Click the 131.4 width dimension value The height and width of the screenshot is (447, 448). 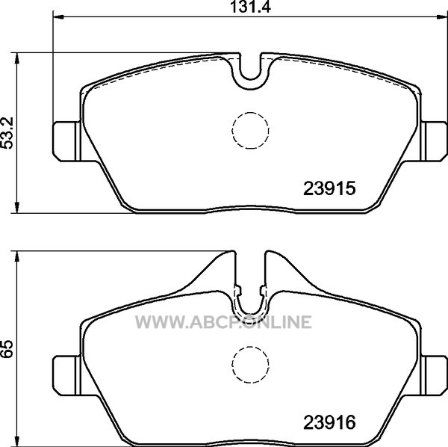point(250,7)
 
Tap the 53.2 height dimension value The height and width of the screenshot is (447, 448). point(7,133)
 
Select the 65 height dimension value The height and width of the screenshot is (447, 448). point(7,349)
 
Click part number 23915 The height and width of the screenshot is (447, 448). point(329,188)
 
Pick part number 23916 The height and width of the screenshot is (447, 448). point(329,422)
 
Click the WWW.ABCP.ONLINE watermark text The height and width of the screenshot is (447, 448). point(223,322)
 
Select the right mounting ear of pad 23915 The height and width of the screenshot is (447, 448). point(434,141)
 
